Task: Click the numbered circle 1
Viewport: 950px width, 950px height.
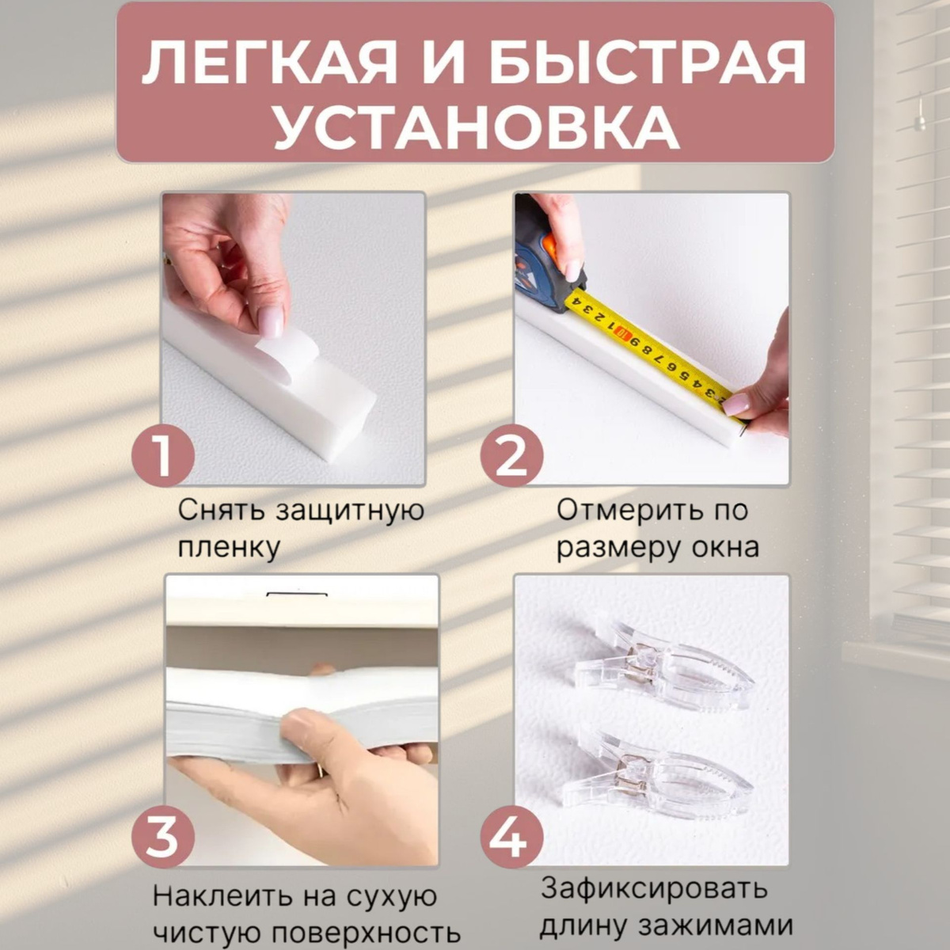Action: tap(163, 454)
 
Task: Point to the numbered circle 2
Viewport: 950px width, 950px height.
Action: tap(511, 454)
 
